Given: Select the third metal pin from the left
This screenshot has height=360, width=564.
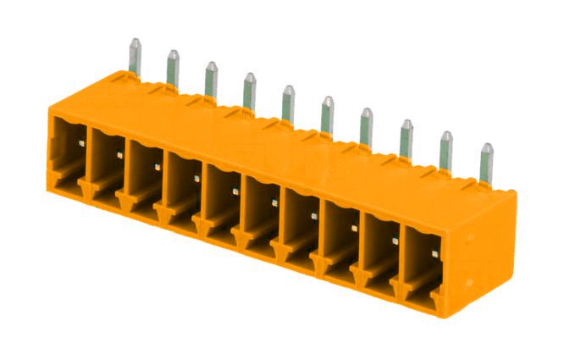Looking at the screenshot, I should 211,80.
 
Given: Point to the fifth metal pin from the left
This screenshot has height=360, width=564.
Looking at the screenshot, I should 288,102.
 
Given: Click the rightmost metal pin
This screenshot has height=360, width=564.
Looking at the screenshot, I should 486,163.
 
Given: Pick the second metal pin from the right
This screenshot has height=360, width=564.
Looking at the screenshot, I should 446,151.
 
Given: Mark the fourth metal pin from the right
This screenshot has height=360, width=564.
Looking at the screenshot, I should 366,126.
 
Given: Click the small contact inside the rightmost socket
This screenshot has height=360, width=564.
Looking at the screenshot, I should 434,252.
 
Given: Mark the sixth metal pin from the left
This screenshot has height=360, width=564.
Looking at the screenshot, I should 327,114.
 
